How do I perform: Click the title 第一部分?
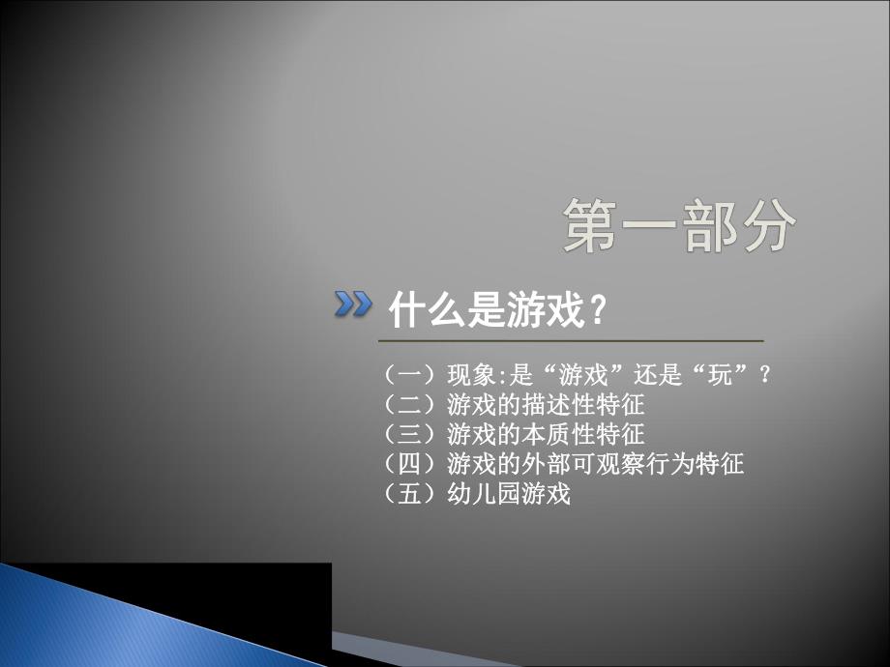click(x=679, y=226)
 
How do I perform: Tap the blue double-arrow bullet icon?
click(x=353, y=305)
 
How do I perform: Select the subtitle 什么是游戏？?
click(x=498, y=311)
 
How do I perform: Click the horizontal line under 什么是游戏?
click(x=571, y=341)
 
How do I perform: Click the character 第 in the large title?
click(x=592, y=226)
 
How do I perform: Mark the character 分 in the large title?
click(x=766, y=226)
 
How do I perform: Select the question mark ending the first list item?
click(x=766, y=374)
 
